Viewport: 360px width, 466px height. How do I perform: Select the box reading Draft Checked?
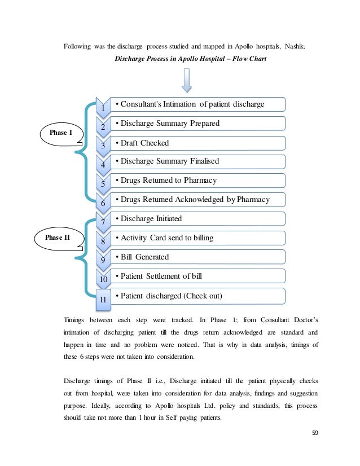197,143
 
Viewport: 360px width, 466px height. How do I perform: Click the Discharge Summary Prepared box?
197,124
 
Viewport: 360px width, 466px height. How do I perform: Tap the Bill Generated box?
197,257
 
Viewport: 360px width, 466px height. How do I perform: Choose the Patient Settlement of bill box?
197,276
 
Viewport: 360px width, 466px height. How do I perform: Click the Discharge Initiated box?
197,218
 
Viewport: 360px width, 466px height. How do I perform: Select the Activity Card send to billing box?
197,238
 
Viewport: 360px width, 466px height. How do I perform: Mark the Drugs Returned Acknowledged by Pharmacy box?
197,199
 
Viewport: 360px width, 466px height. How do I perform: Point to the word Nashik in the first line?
293,46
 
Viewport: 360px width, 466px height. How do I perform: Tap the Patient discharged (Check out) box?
197,296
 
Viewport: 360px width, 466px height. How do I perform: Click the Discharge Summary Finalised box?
197,161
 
